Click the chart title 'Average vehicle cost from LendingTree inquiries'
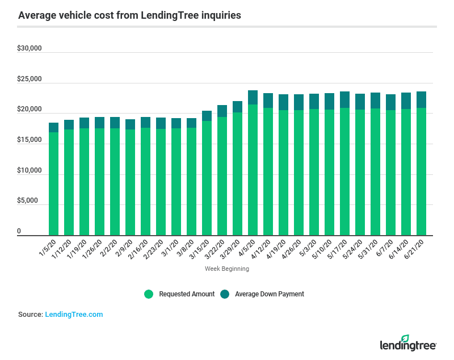129,15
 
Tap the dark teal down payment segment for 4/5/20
253,97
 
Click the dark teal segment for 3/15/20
207,116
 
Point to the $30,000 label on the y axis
30,48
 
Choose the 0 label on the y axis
19,232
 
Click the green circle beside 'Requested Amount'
149,294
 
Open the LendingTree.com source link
74,314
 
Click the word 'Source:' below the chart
31,314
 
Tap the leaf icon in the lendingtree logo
405,338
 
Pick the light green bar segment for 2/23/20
161,182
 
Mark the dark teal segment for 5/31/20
375,101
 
